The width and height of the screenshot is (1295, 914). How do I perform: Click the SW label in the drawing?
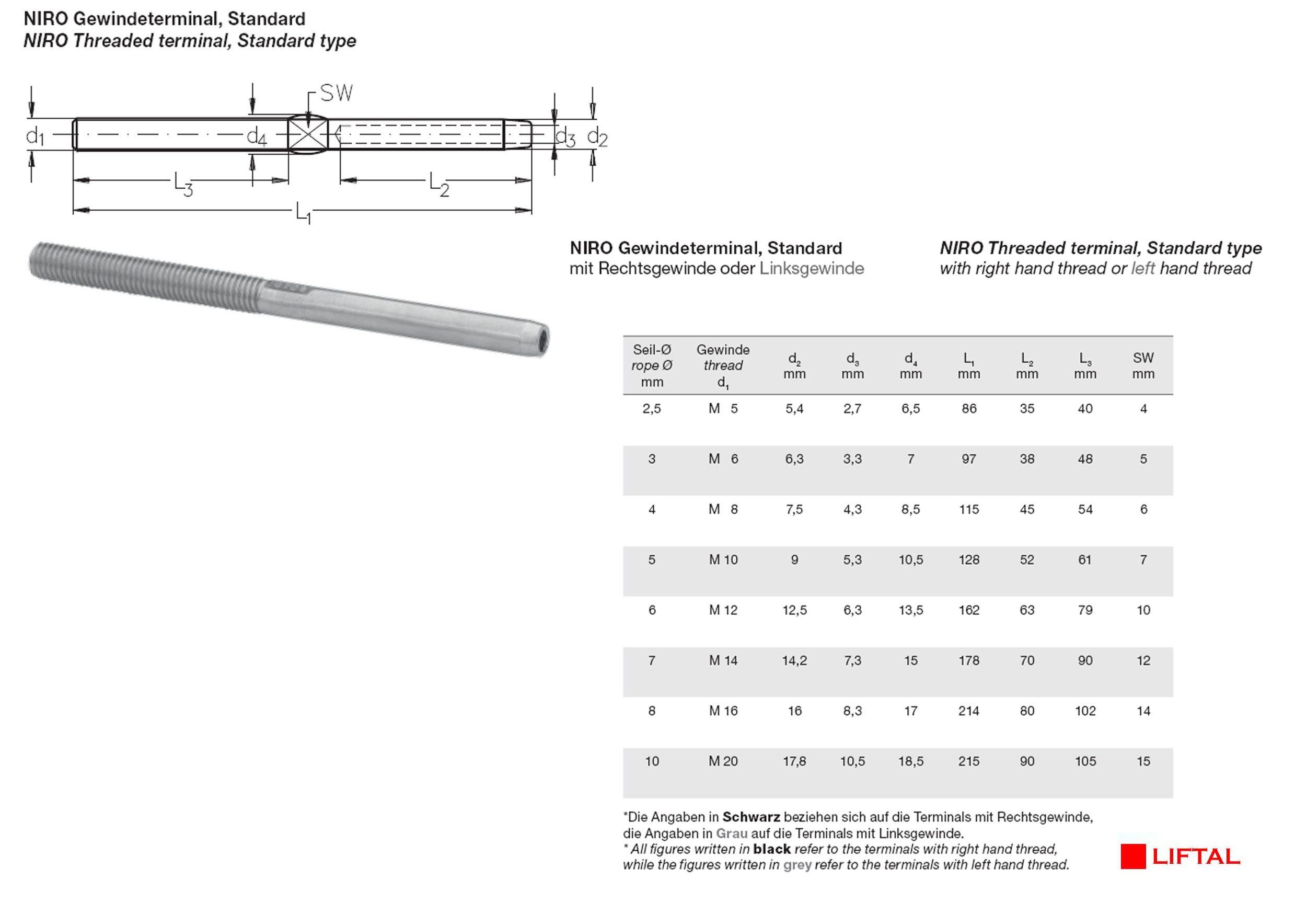coord(336,93)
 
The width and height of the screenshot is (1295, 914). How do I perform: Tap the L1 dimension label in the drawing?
coord(304,213)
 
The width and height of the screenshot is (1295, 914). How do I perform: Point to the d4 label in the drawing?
coord(257,136)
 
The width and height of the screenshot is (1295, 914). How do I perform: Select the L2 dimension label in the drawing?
coord(440,185)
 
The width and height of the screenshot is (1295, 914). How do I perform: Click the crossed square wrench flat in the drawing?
coord(308,135)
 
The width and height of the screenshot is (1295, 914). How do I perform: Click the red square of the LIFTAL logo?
coord(1132,856)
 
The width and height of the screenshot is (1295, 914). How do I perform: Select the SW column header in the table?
coord(1143,365)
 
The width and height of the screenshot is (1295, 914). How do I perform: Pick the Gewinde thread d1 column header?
coord(723,366)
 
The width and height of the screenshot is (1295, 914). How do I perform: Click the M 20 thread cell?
coord(723,761)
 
